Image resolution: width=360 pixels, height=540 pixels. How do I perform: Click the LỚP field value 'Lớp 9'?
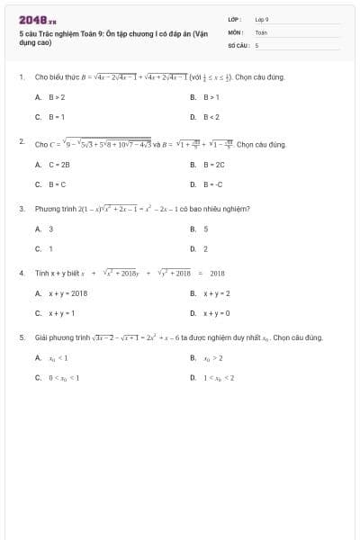[262, 19]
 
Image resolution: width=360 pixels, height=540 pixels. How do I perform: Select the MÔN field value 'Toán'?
[261, 31]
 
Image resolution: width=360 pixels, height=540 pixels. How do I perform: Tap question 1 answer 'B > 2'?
[56, 96]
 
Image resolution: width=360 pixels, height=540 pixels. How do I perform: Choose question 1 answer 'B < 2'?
[211, 117]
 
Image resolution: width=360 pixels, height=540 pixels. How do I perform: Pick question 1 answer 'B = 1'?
[56, 117]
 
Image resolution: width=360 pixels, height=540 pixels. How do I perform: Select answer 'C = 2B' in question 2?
[58, 164]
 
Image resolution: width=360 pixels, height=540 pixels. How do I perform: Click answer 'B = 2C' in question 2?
[214, 164]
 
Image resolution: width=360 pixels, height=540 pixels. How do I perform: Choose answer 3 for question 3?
[50, 229]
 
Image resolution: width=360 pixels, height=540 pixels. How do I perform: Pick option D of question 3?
[206, 248]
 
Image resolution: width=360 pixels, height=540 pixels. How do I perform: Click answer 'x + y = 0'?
[216, 313]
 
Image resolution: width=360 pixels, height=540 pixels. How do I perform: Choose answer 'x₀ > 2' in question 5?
[212, 358]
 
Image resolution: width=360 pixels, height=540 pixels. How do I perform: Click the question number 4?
[21, 272]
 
